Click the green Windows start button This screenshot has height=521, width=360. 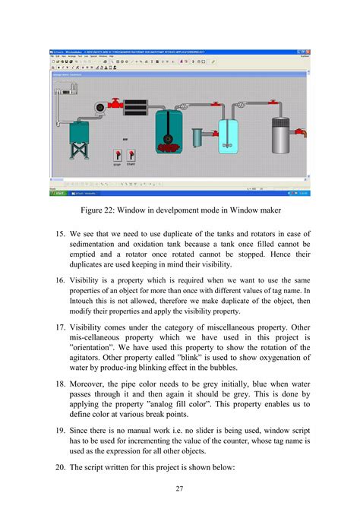point(58,194)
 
